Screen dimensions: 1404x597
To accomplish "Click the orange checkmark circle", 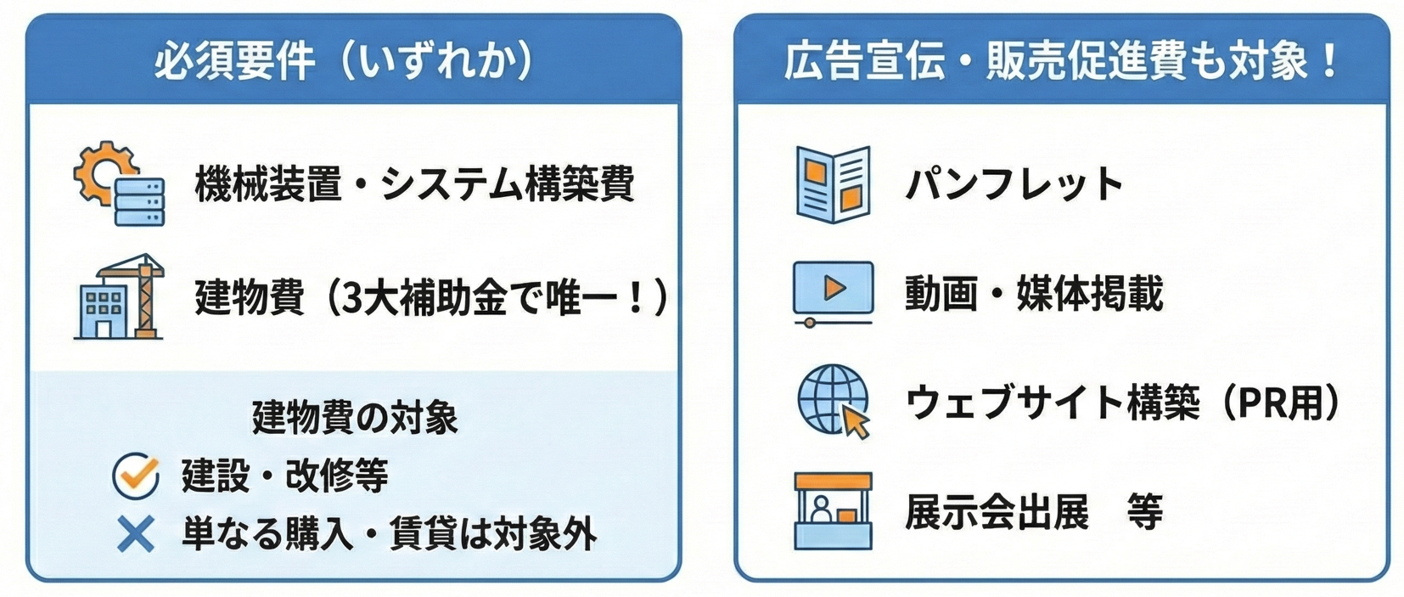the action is tap(136, 476).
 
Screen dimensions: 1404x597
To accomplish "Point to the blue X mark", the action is tap(136, 534).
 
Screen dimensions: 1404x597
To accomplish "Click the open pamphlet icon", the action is tap(833, 184).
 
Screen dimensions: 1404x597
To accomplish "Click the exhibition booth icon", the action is tap(833, 511).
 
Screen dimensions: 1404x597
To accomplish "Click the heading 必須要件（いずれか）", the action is tap(345, 62).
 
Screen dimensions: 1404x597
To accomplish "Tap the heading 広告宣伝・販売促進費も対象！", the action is tap(1061, 61).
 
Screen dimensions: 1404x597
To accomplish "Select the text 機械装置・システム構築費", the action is tap(414, 184).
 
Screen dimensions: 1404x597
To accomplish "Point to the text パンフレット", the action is tap(1014, 184).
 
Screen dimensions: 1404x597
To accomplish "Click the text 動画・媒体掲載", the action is tap(1034, 294).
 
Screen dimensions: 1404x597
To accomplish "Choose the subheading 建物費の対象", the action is tap(355, 417).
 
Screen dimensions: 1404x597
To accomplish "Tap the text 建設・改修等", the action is tap(285, 476).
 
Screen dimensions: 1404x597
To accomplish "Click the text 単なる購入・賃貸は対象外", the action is tap(390, 534).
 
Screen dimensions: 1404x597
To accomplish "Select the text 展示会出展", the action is tap(997, 511).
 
